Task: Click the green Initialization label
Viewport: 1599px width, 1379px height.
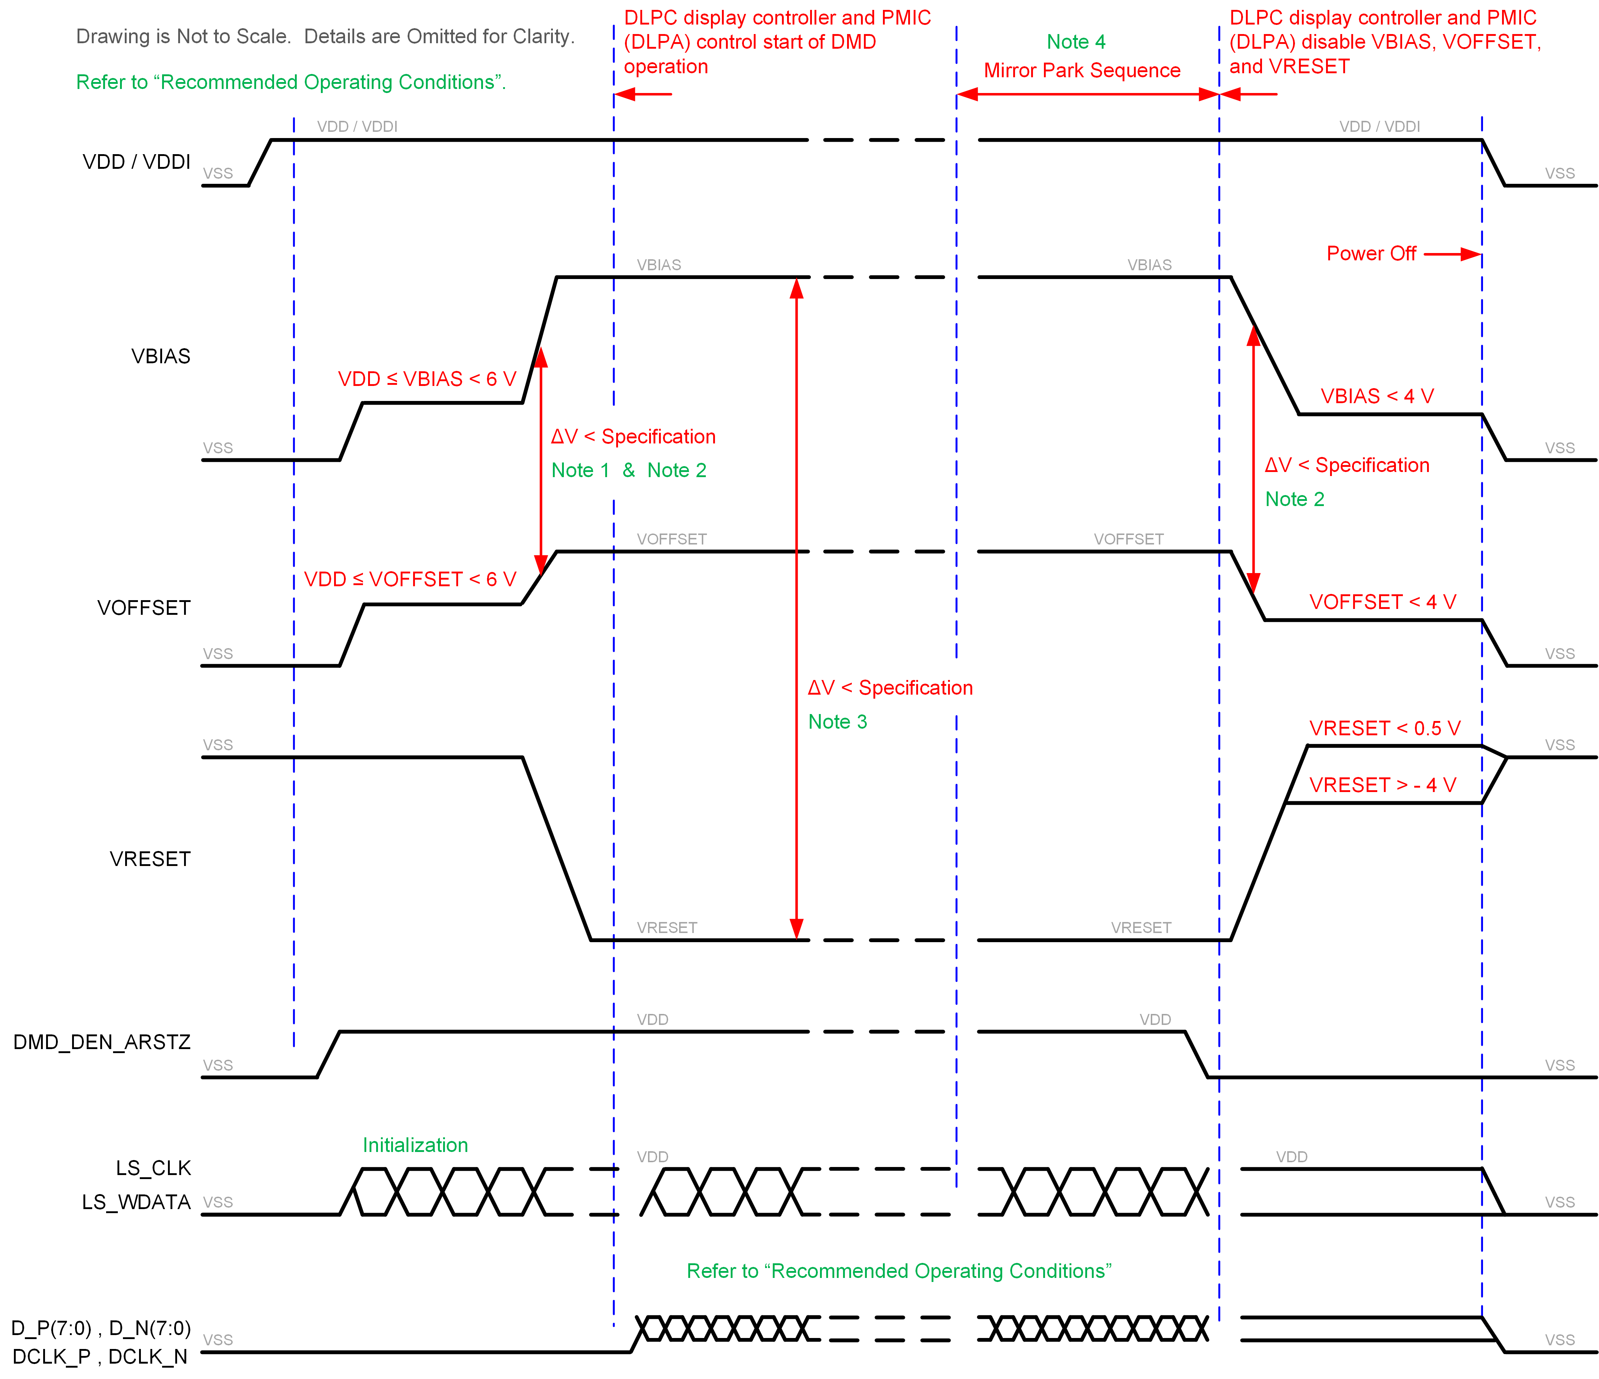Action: pyautogui.click(x=415, y=1145)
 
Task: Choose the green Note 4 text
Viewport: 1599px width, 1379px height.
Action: pyautogui.click(x=1076, y=42)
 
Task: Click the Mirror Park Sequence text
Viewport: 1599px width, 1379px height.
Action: pyautogui.click(x=1082, y=70)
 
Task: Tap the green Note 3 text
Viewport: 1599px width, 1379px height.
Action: pyautogui.click(x=837, y=722)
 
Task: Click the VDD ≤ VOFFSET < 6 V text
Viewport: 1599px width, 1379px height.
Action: pyautogui.click(x=410, y=579)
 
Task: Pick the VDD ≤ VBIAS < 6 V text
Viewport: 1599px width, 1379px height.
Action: pyautogui.click(x=427, y=379)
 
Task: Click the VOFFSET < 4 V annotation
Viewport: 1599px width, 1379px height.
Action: pyautogui.click(x=1382, y=602)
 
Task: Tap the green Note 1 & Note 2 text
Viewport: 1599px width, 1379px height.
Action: pyautogui.click(x=628, y=470)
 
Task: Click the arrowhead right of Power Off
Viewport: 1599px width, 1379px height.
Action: pyautogui.click(x=1472, y=254)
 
